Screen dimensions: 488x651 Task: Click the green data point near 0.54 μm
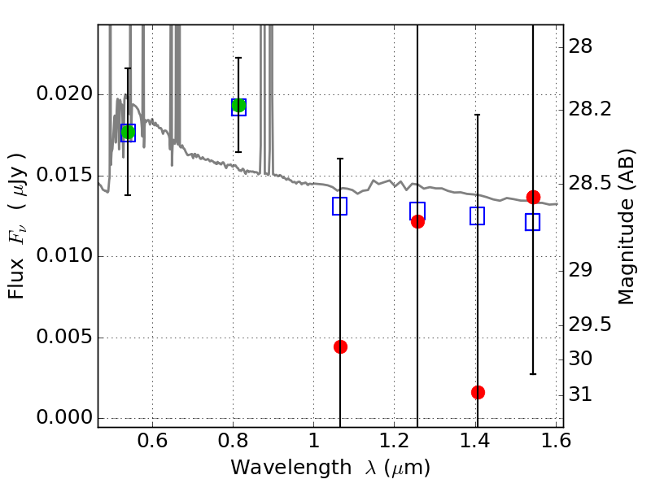tap(128, 133)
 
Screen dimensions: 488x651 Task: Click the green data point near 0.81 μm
tap(238, 106)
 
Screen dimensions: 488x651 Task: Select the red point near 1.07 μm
tap(340, 346)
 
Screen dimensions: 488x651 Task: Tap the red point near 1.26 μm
tap(417, 221)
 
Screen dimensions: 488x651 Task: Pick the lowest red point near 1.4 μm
tap(478, 392)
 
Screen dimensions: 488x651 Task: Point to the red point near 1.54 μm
tap(533, 197)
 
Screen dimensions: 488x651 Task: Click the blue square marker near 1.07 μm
tap(340, 206)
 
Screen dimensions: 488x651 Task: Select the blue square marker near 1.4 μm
tap(478, 216)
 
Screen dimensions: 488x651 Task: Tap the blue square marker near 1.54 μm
tap(533, 222)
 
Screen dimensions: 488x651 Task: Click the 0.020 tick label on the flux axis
tap(62, 94)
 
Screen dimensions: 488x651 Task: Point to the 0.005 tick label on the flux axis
tap(62, 338)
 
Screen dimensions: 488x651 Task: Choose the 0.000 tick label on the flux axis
tap(62, 418)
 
